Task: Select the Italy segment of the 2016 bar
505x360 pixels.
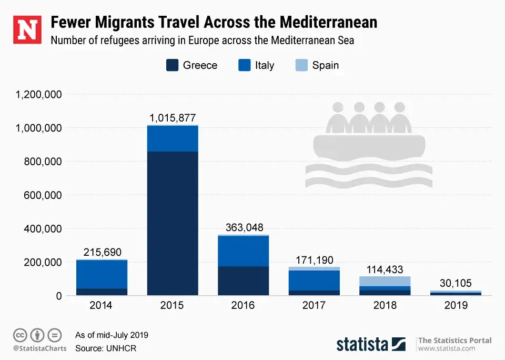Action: click(243, 251)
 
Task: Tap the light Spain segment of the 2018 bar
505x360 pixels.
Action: click(385, 281)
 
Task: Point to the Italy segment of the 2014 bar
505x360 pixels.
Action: click(102, 274)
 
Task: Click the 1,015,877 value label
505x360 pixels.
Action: click(173, 118)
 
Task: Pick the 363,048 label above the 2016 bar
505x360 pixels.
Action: click(243, 227)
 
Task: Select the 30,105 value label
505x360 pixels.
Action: click(456, 283)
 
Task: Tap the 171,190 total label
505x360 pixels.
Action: click(315, 260)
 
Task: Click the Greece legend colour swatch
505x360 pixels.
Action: click(172, 65)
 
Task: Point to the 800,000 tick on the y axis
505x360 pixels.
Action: click(44, 162)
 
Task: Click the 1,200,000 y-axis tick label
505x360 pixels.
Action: click(39, 95)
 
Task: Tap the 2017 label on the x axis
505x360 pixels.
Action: click(314, 305)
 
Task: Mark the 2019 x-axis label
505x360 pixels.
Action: click(456, 305)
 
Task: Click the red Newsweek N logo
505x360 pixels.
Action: click(26, 30)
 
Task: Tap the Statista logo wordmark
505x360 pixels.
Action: click(362, 345)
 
